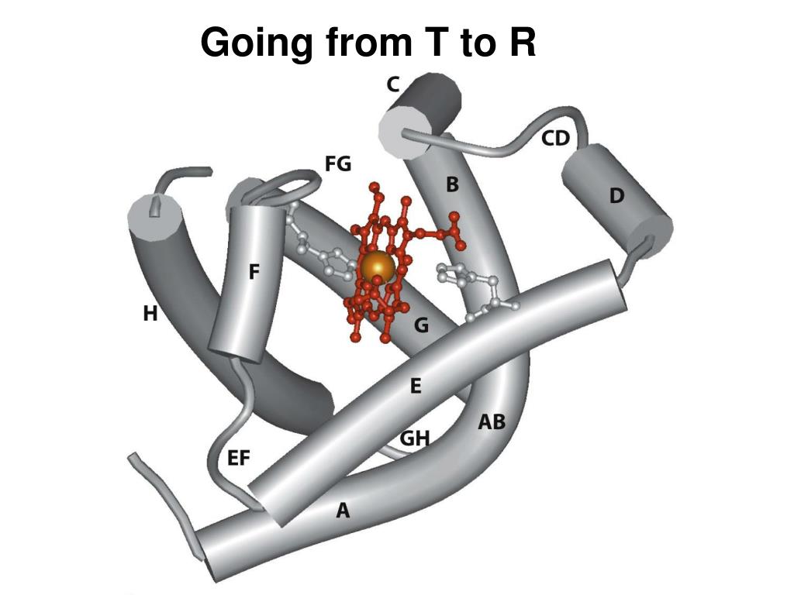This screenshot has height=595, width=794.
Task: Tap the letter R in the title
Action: [522, 43]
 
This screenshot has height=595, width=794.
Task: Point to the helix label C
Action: [393, 84]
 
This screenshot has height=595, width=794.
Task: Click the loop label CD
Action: [555, 139]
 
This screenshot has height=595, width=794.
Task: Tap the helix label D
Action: [616, 197]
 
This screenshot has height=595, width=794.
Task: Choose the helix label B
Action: [453, 185]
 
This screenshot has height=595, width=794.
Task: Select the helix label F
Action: [254, 273]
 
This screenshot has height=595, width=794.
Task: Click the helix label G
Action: [421, 325]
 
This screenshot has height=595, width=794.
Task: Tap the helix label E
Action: [416, 386]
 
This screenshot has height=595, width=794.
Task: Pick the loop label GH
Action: [415, 439]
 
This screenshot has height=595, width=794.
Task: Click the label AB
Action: [492, 422]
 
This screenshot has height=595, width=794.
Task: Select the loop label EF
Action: [239, 458]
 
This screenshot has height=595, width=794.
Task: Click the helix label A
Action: [342, 510]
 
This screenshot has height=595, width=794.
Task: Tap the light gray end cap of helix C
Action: [399, 132]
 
